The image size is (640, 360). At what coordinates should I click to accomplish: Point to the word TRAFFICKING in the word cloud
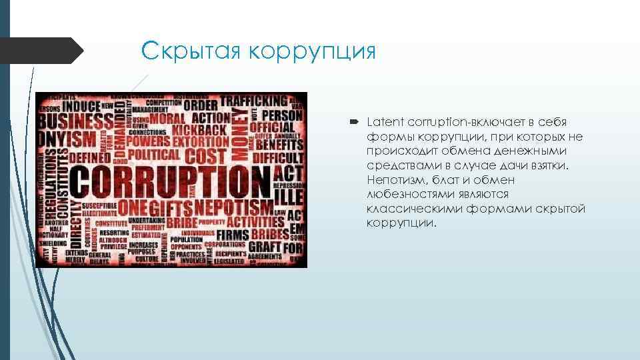coord(254,102)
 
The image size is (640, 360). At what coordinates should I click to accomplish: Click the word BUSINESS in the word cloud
coord(75,123)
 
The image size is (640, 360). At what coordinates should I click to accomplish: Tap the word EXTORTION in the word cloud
coord(201,142)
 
